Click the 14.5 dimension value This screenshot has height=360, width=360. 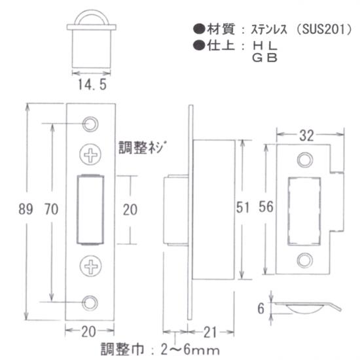92,84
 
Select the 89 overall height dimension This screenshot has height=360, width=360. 26,209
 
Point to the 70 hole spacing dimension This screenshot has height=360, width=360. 52,209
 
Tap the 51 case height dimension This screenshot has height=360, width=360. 243,207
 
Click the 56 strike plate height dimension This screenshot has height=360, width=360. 266,207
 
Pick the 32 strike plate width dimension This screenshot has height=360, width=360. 306,135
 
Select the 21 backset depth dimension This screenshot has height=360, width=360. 210,333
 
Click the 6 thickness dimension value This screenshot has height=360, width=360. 261,308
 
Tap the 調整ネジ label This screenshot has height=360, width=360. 142,147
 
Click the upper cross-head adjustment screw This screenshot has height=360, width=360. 90,154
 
